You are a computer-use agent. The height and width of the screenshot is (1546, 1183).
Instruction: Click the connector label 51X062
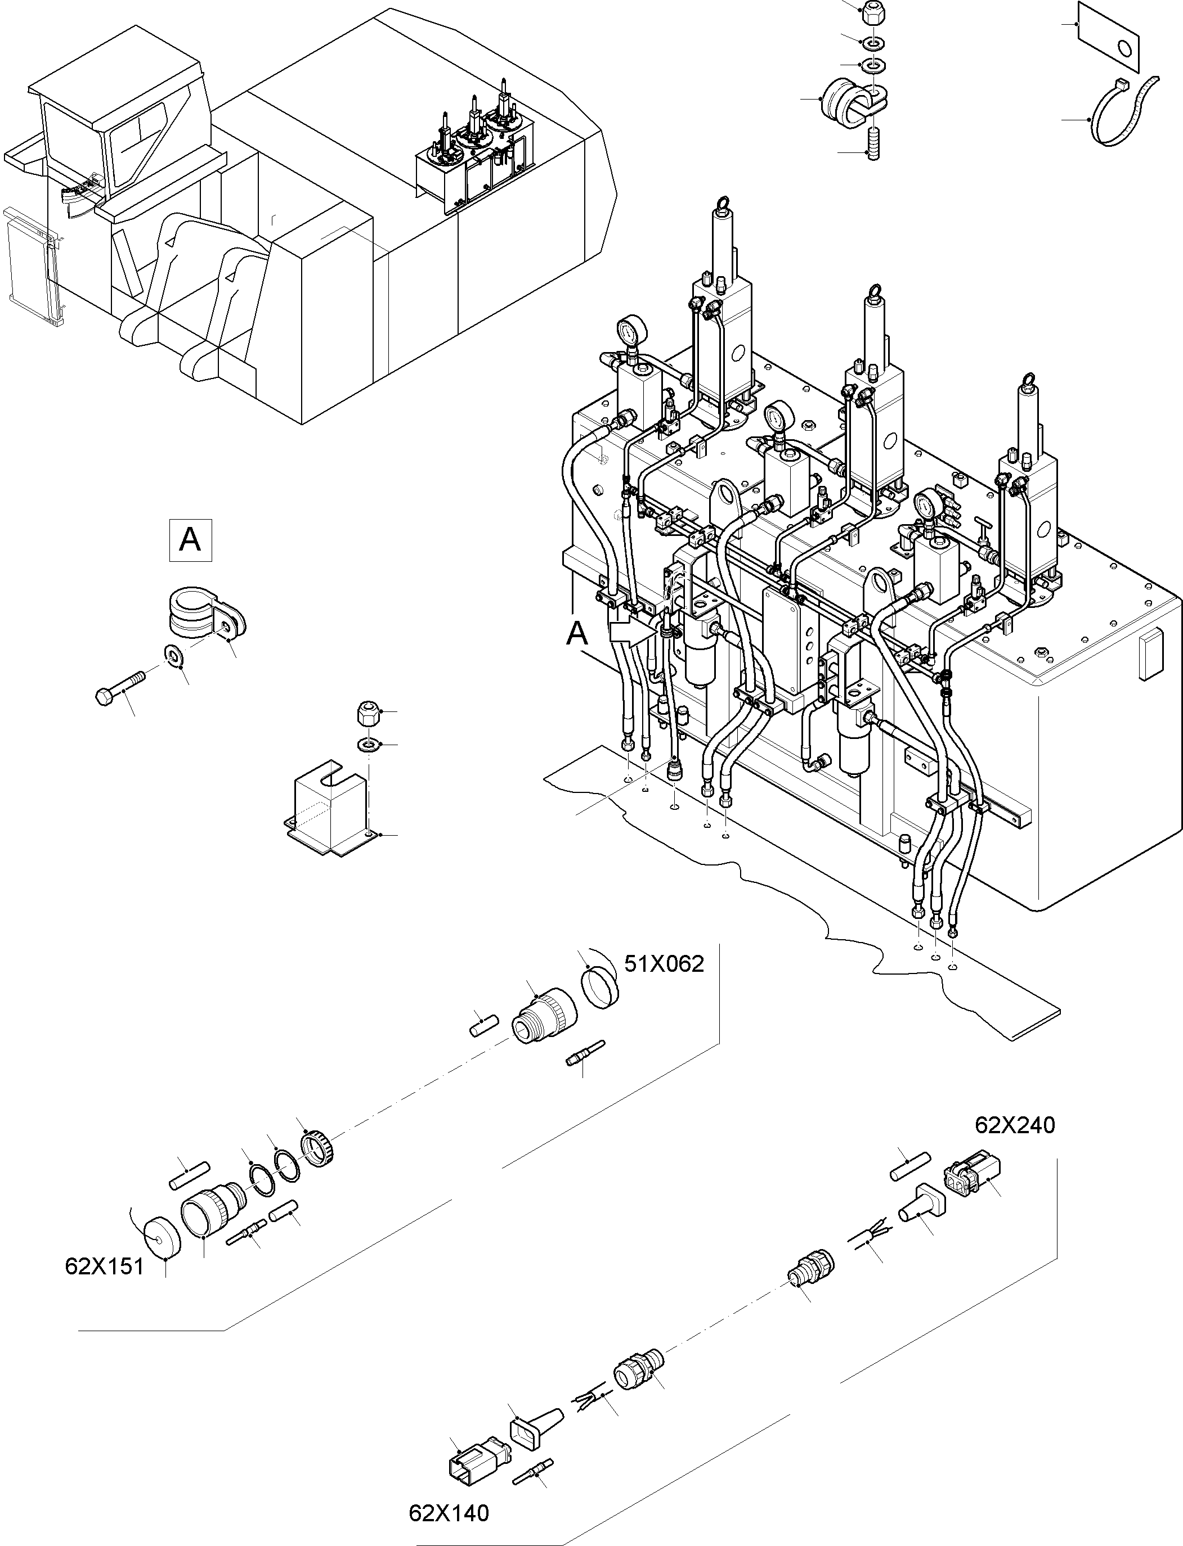(x=664, y=963)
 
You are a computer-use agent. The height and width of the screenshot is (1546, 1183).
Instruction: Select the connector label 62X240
(x=1015, y=1125)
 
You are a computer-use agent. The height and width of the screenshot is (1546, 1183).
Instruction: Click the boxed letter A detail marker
(x=190, y=540)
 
